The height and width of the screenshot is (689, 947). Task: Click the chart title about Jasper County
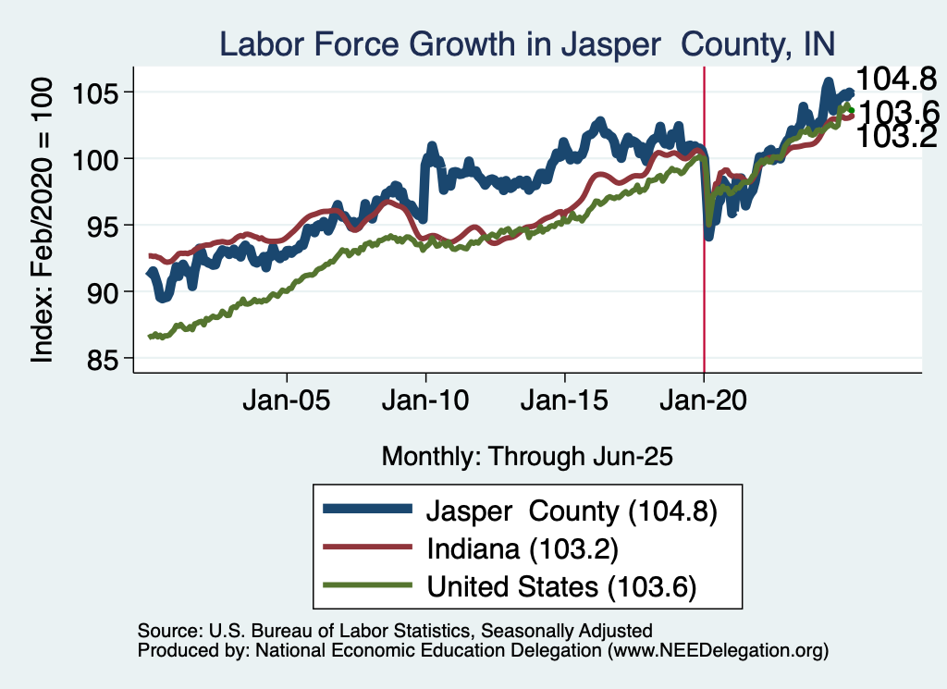(x=526, y=43)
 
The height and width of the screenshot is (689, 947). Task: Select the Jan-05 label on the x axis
(x=286, y=403)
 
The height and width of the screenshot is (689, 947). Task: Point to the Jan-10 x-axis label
(x=425, y=403)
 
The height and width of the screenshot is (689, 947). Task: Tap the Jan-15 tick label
(x=565, y=403)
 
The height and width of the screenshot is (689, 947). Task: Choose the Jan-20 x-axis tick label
(x=704, y=403)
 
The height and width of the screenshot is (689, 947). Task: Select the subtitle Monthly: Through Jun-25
(x=526, y=456)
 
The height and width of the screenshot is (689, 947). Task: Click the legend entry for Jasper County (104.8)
(x=572, y=511)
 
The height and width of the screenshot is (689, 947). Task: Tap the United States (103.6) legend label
(x=560, y=586)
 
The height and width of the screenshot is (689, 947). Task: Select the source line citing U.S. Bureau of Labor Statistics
(x=395, y=631)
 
